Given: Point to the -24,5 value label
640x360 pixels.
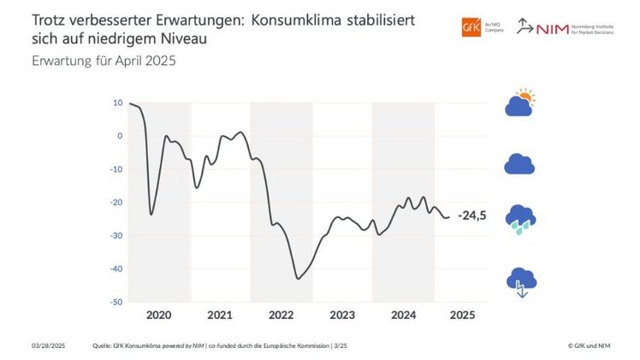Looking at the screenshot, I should click(471, 215).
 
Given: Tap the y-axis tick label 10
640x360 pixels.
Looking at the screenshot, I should click(117, 103).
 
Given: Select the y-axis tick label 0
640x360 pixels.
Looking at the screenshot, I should click(120, 136).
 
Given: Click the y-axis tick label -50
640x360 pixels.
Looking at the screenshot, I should click(116, 303).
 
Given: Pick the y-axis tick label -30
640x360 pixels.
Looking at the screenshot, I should click(116, 236).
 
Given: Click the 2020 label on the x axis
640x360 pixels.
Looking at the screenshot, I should click(158, 316).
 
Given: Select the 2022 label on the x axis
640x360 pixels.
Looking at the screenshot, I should click(281, 316).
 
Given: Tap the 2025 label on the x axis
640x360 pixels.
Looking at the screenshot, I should click(462, 316).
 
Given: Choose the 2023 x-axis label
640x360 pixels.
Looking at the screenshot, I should click(341, 316).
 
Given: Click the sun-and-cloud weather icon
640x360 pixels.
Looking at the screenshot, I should click(520, 103).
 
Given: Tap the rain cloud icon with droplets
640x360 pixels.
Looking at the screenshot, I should click(520, 219).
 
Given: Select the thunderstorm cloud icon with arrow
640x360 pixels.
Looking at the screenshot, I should click(520, 280).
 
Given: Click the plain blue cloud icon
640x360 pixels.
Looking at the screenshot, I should click(519, 163).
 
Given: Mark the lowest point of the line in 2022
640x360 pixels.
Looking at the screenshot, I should click(298, 279).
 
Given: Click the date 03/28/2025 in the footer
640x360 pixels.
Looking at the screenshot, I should click(48, 345).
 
